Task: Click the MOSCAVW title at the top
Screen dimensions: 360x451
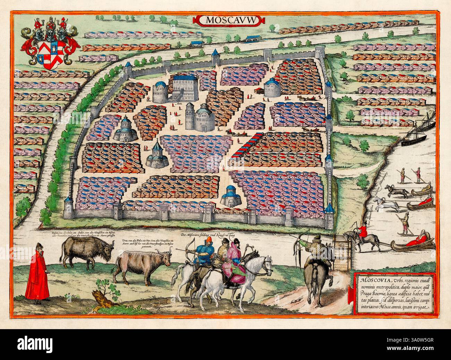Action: pos(229,20)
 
